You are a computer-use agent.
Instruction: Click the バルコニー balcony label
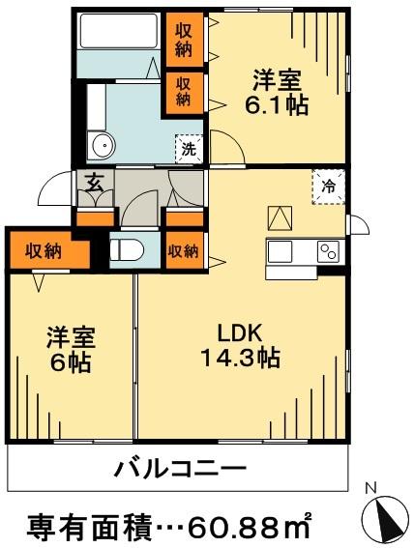pos(180,472)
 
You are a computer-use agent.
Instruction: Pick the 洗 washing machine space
pos(190,149)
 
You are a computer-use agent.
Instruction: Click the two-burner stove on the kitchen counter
pos(328,252)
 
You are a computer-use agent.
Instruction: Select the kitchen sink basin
pos(282,252)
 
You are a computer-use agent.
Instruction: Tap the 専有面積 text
pos(80,526)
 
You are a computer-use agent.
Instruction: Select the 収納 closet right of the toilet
pos(184,251)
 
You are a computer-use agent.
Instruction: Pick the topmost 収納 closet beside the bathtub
pos(184,37)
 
